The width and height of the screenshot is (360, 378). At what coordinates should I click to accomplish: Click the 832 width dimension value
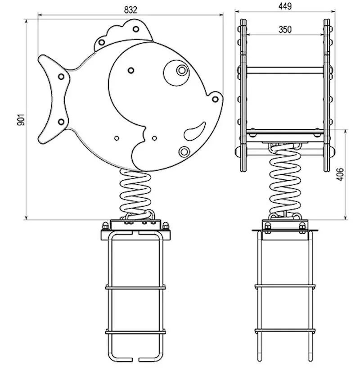click(x=130, y=10)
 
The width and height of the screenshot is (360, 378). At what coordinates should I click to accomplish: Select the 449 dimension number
click(x=285, y=6)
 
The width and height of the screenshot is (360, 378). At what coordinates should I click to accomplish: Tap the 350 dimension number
click(x=285, y=30)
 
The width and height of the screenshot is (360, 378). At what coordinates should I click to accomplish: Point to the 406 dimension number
click(x=340, y=174)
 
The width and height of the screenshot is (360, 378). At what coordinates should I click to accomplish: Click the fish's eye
click(x=182, y=70)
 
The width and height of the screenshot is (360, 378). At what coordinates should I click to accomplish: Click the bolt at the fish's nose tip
click(x=215, y=99)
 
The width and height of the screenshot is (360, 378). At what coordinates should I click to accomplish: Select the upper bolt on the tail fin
click(x=61, y=76)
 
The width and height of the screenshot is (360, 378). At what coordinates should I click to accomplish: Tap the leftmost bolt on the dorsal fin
click(x=102, y=42)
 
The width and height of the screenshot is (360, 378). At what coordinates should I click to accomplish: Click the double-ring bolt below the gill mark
click(x=184, y=151)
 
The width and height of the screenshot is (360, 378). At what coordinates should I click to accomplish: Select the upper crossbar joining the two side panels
click(x=285, y=70)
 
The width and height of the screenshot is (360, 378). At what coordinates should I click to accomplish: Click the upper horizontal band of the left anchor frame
click(x=135, y=287)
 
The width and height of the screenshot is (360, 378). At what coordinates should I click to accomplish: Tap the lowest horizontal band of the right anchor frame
click(x=285, y=331)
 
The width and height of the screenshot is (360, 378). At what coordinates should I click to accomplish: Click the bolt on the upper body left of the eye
click(x=131, y=71)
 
